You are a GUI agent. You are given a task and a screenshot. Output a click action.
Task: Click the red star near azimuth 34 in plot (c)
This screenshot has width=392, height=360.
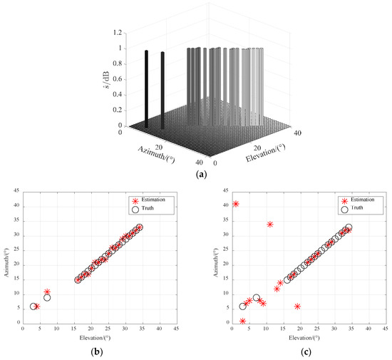coord(270,225)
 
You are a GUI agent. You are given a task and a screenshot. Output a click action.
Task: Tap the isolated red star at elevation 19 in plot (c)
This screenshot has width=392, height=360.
coord(297,306)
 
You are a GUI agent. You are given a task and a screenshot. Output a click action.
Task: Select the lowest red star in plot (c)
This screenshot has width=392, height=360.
coord(243,321)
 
